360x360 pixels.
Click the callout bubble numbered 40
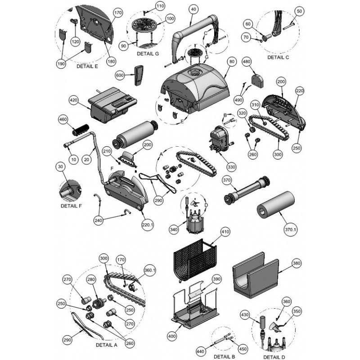point(193,9)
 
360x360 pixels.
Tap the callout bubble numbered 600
point(120,75)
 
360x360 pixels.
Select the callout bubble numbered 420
point(74,100)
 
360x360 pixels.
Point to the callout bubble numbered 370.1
point(290,229)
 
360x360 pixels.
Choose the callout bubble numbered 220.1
point(148,225)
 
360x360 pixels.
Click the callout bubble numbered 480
point(247,62)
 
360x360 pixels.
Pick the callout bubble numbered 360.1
point(150,270)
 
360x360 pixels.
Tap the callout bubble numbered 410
point(225,232)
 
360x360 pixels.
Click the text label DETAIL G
point(148,54)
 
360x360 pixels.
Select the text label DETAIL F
point(71,206)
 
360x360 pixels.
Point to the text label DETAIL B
point(224,356)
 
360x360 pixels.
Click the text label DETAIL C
point(278,58)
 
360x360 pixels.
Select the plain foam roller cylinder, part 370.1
point(275,204)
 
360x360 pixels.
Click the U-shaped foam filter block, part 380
point(256,275)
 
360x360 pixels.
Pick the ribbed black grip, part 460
point(81,130)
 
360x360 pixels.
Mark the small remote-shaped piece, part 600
point(139,75)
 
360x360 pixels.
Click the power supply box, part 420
point(112,104)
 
